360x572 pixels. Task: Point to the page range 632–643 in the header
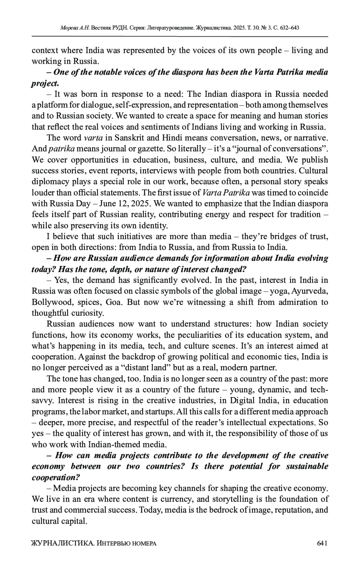[x=289, y=28]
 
